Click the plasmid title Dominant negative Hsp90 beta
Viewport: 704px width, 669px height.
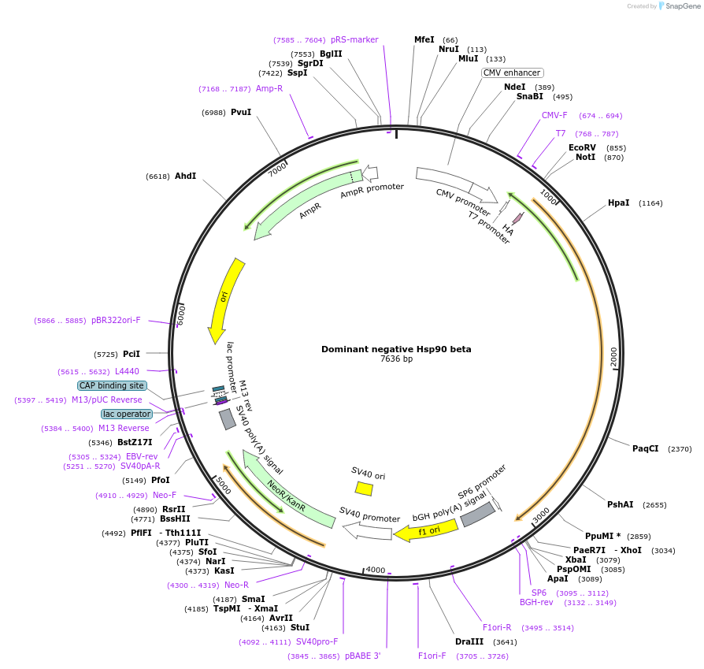point(396,349)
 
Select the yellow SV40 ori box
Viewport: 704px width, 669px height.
point(364,489)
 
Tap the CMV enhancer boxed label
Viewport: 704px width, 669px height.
point(513,72)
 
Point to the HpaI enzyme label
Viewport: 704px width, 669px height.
point(619,203)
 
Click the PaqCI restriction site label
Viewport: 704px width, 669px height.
point(645,448)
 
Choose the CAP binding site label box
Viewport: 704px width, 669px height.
point(112,386)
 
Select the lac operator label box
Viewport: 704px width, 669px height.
point(126,414)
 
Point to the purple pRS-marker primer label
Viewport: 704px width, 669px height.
point(354,39)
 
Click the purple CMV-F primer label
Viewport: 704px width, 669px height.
point(554,115)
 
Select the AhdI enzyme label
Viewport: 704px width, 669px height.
point(186,176)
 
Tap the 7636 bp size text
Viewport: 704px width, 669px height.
point(396,359)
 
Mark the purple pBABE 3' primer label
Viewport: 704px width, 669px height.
point(362,656)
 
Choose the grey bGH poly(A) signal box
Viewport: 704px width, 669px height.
point(477,515)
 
